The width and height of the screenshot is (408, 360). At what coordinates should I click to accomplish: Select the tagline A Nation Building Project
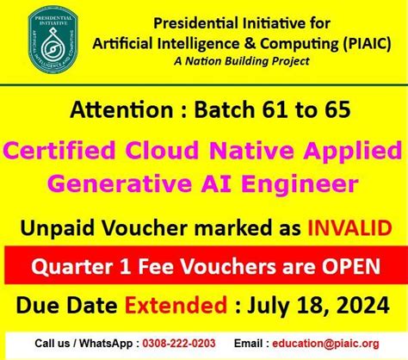click(256, 61)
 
